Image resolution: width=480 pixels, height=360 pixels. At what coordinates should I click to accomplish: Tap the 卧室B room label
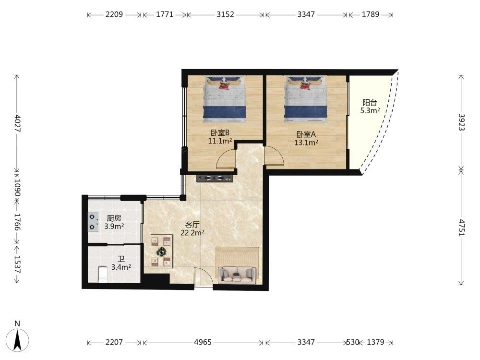click(x=220, y=132)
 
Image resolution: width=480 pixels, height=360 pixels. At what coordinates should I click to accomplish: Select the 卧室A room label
click(x=306, y=134)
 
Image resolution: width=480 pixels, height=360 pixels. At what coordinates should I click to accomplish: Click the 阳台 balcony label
click(x=370, y=102)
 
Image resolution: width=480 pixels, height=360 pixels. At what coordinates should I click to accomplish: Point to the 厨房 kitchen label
click(x=114, y=218)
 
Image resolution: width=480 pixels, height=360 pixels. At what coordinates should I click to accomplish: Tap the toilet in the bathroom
click(x=103, y=274)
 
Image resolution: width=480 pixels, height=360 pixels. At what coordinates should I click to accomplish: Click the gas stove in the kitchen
click(x=92, y=222)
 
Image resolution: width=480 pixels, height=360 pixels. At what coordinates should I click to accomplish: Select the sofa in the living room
click(x=237, y=275)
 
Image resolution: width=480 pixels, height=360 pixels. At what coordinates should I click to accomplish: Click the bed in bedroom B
click(x=225, y=99)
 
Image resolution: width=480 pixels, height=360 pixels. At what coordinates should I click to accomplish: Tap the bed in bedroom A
click(x=306, y=99)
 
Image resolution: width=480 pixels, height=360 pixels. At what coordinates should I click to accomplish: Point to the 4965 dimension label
click(x=203, y=342)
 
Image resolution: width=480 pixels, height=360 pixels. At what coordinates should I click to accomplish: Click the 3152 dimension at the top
click(x=225, y=14)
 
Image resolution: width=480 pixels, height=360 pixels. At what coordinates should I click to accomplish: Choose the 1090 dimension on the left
click(x=17, y=187)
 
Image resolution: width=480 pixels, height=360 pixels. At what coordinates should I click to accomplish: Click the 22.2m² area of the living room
click(x=192, y=233)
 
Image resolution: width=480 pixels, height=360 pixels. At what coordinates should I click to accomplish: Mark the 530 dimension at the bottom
click(x=353, y=342)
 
